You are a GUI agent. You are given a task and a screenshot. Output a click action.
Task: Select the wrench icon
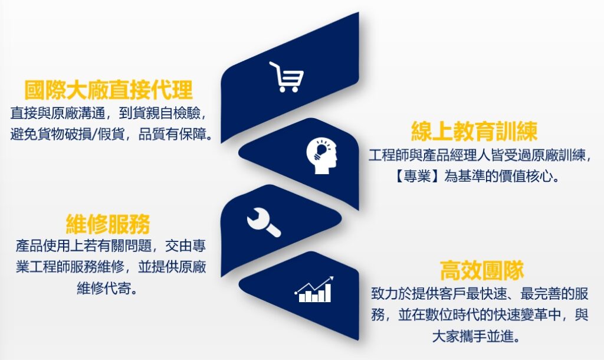click(264, 222)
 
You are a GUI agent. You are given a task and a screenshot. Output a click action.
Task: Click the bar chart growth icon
click(314, 289)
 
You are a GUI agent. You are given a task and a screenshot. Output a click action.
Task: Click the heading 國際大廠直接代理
click(109, 90)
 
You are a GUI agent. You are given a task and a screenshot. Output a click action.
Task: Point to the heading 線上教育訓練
click(474, 132)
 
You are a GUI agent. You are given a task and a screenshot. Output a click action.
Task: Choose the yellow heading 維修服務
click(108, 224)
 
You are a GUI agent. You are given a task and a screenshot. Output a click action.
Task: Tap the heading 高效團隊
click(481, 270)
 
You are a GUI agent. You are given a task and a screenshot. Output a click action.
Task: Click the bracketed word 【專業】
click(418, 176)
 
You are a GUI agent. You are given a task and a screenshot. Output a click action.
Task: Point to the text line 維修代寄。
click(107, 288)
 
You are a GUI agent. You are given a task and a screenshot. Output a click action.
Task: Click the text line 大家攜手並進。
click(477, 336)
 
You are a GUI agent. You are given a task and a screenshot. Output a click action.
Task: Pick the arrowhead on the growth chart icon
click(330, 279)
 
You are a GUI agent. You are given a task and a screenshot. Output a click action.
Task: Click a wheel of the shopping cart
click(283, 90)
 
